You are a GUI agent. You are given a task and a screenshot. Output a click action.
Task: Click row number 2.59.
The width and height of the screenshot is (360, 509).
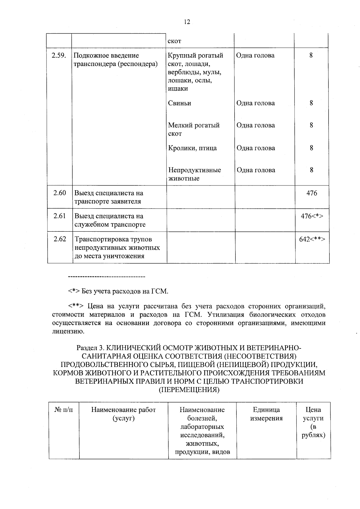59,56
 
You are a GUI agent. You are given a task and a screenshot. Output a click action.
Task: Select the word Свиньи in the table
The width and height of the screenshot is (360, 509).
179,103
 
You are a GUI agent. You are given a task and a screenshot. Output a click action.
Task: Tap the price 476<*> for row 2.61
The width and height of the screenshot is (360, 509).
312,216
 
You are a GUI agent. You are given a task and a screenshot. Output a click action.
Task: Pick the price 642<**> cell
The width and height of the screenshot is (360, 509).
312,239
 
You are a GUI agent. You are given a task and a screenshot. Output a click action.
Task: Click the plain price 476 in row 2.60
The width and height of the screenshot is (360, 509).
312,193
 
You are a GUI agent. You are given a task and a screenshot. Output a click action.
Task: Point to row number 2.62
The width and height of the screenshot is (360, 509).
60,239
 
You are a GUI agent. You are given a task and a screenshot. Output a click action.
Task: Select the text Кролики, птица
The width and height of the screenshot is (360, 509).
192,148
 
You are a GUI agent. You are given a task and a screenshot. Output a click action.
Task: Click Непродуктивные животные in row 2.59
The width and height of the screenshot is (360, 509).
194,174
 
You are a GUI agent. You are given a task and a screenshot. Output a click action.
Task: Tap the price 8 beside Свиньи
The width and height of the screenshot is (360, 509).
311,103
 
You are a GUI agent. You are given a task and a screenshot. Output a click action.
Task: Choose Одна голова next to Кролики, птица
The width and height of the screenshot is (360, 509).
256,148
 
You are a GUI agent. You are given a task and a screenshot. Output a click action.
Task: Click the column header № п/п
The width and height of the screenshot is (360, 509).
64,410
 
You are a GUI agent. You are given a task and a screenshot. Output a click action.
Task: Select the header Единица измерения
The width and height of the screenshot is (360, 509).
266,414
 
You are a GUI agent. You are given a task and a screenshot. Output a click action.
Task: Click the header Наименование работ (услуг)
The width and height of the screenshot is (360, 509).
124,414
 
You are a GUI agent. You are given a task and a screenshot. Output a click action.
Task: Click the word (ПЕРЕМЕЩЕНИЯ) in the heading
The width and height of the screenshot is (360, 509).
189,390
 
